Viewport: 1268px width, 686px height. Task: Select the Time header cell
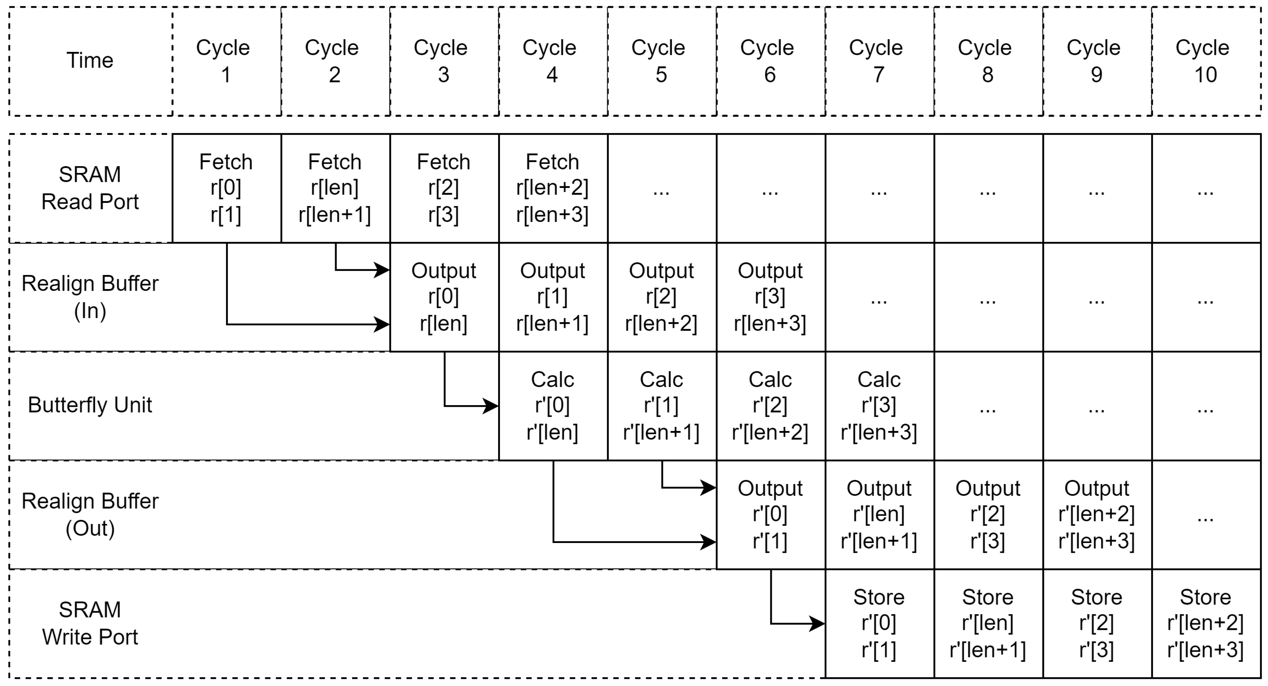(90, 61)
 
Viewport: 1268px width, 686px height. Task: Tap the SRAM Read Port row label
(90, 188)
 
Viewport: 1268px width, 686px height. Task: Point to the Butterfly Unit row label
(90, 405)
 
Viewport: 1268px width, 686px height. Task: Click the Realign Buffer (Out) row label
(90, 514)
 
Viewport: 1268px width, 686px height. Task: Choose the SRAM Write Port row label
(90, 623)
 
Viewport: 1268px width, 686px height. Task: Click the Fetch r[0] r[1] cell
(226, 188)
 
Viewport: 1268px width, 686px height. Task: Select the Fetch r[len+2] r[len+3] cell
(552, 188)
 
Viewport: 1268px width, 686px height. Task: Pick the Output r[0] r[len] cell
(444, 297)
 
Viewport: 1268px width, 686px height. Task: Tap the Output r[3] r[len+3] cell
(770, 297)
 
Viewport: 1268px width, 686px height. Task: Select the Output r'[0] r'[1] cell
(770, 515)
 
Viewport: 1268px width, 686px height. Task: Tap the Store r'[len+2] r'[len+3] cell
(1205, 623)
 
